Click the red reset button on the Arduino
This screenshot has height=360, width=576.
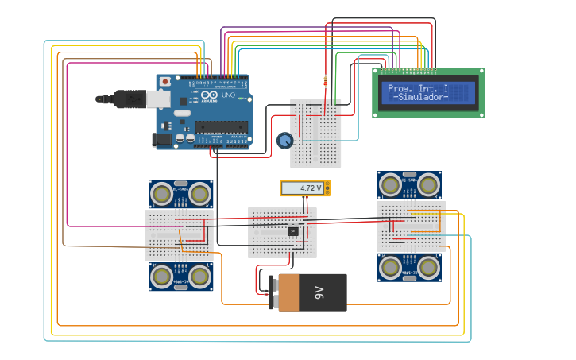(164, 81)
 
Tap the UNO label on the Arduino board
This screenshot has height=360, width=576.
(227, 95)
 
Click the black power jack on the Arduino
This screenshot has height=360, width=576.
(162, 139)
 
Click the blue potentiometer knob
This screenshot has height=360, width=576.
(284, 141)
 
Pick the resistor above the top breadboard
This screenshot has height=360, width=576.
(325, 80)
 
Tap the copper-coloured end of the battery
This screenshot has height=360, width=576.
(288, 293)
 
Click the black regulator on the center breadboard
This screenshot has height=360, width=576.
(292, 231)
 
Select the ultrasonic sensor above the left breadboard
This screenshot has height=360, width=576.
(181, 193)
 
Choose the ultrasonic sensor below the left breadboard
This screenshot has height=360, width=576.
(181, 276)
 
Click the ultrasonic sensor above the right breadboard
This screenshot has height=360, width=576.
(410, 185)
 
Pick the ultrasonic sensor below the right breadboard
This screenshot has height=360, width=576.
(410, 268)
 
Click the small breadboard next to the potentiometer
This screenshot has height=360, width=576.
(316, 133)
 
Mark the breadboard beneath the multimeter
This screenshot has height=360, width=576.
(282, 233)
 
